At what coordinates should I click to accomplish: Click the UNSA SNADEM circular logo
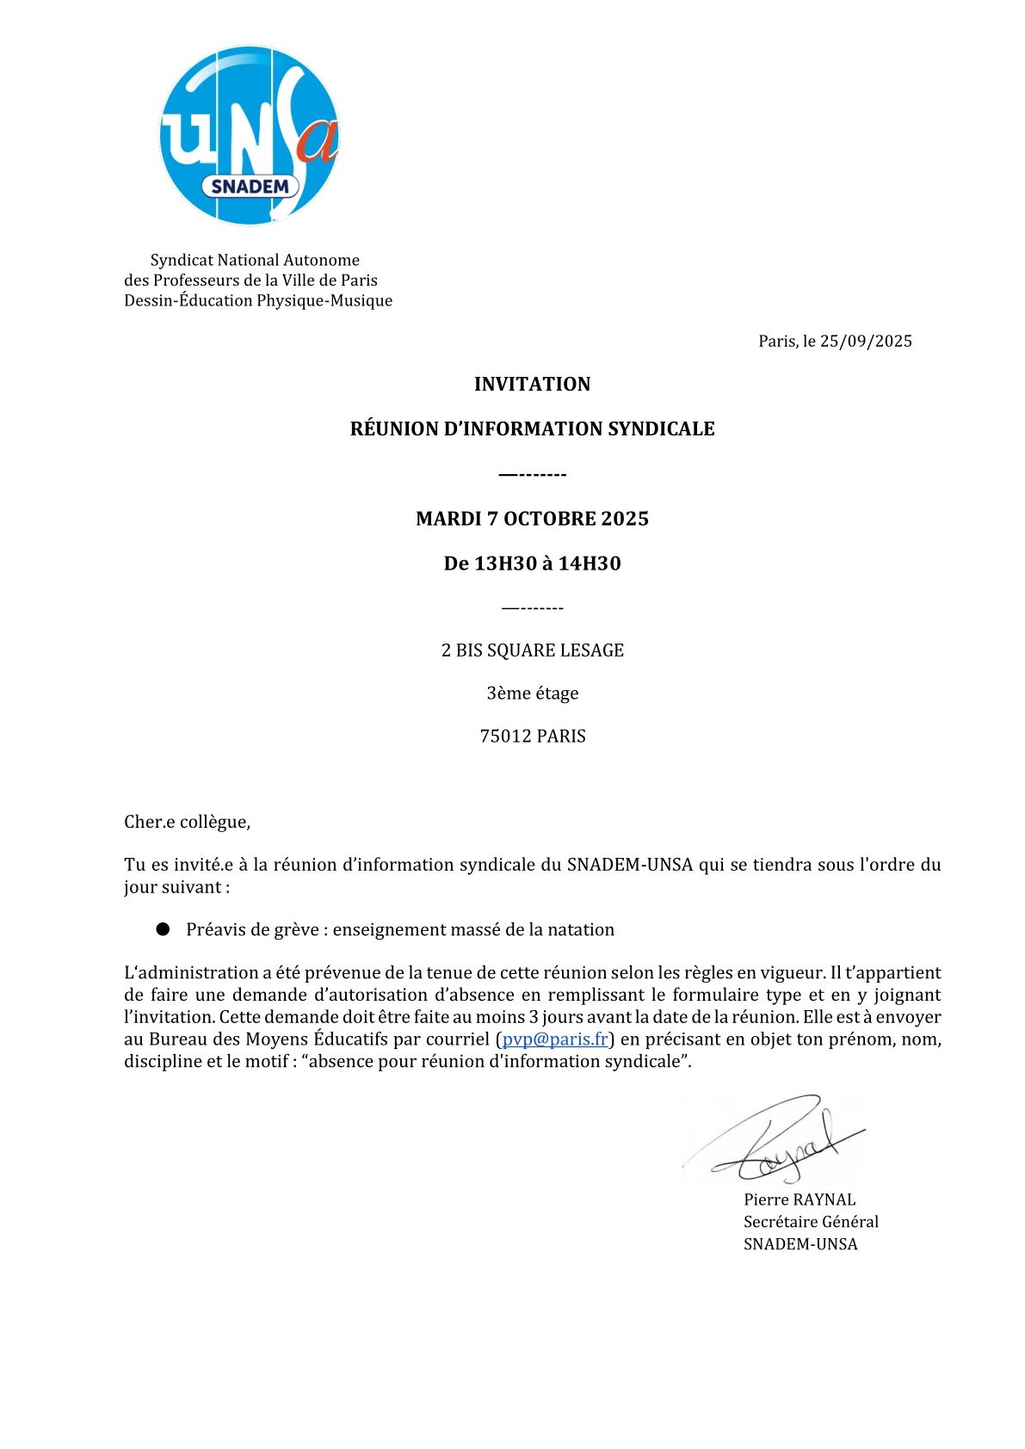[x=250, y=135]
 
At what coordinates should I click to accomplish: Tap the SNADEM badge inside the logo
[x=250, y=187]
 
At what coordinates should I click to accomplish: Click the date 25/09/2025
[x=866, y=341]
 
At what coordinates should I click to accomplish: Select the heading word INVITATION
[x=532, y=384]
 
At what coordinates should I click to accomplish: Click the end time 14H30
[x=590, y=564]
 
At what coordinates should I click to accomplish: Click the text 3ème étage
[x=532, y=694]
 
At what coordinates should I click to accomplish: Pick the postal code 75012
[x=505, y=737]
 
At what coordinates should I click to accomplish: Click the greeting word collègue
[x=215, y=822]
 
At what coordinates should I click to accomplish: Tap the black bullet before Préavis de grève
[x=163, y=929]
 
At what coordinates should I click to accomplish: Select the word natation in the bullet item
[x=582, y=929]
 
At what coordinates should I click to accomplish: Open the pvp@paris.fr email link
[x=555, y=1039]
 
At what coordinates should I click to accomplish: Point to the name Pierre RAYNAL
[x=800, y=1199]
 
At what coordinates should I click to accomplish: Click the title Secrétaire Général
[x=811, y=1222]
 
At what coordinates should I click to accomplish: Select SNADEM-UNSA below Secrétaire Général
[x=800, y=1244]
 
